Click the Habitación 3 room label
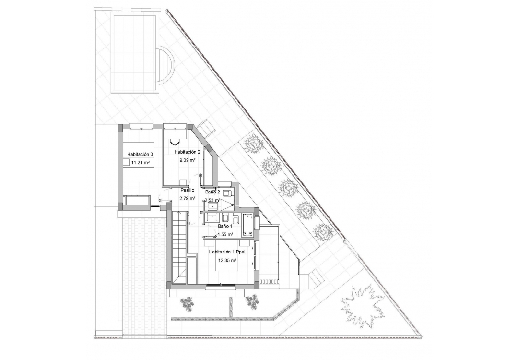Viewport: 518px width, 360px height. (x=140, y=154)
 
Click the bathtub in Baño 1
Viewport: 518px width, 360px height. (x=248, y=224)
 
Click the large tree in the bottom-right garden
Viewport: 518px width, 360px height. (x=362, y=306)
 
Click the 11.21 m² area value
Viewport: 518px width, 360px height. (x=141, y=163)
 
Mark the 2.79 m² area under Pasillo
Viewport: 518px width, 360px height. (x=187, y=198)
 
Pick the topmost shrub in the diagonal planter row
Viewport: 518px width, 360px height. (x=252, y=144)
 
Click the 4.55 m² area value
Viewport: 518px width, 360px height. (x=225, y=235)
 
